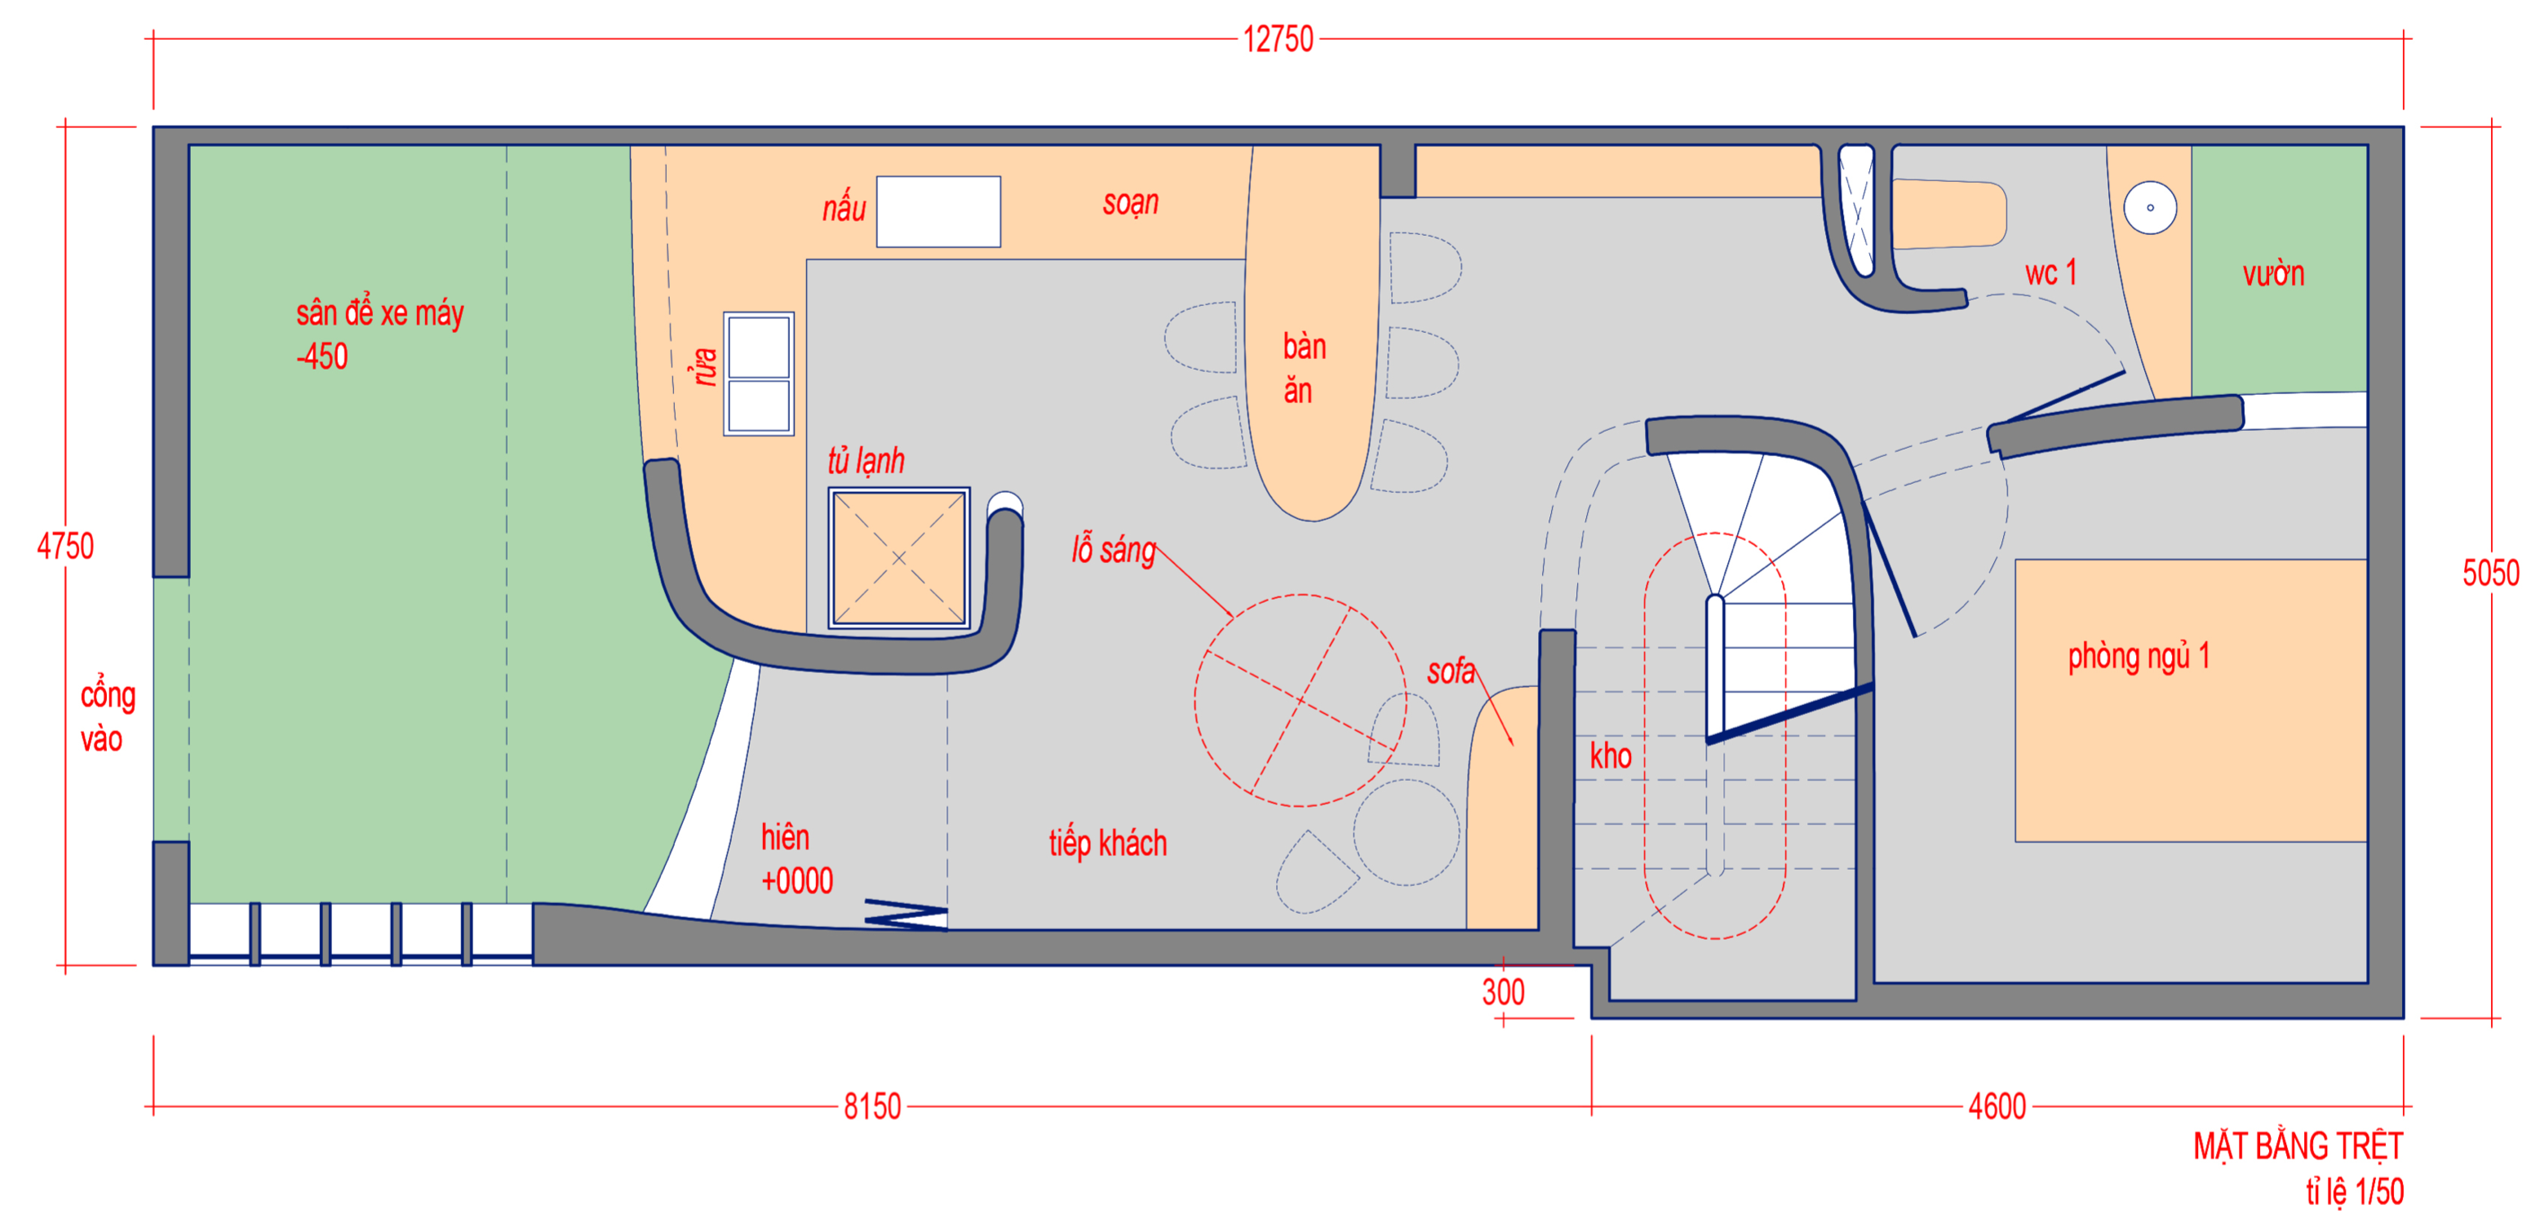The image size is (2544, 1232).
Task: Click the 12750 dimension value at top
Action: coord(1278,39)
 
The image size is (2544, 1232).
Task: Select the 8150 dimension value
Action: coord(872,1106)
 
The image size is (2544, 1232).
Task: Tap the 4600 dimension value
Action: coord(1997,1106)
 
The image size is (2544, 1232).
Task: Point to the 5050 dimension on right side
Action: coord(2491,573)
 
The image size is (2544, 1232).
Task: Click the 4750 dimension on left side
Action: coord(65,546)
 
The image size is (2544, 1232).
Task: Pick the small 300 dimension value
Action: coord(1503,992)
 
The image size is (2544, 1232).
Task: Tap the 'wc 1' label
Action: coord(2051,273)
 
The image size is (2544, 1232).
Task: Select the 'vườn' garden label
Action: coord(2273,273)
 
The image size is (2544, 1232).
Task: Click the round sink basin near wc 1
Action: coord(2150,207)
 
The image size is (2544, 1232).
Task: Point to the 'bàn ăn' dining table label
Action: coord(1304,368)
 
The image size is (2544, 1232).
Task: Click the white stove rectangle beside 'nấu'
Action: coord(938,211)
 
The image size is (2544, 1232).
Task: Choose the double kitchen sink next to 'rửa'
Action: coord(759,374)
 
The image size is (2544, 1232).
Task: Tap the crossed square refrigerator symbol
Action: coord(898,558)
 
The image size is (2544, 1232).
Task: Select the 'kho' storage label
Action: coord(1611,756)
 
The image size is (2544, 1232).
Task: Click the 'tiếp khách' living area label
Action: coord(1108,844)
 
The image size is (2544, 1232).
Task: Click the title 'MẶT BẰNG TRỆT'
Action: coord(2298,1146)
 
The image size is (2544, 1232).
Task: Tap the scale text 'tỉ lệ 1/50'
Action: coord(2355,1191)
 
